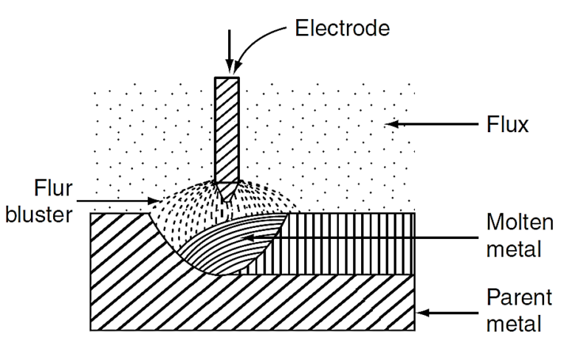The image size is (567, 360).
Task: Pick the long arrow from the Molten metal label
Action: [354, 237]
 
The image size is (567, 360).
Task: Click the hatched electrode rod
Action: [225, 125]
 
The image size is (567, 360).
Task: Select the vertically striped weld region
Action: [347, 243]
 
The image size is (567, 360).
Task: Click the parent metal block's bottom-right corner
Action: [416, 330]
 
